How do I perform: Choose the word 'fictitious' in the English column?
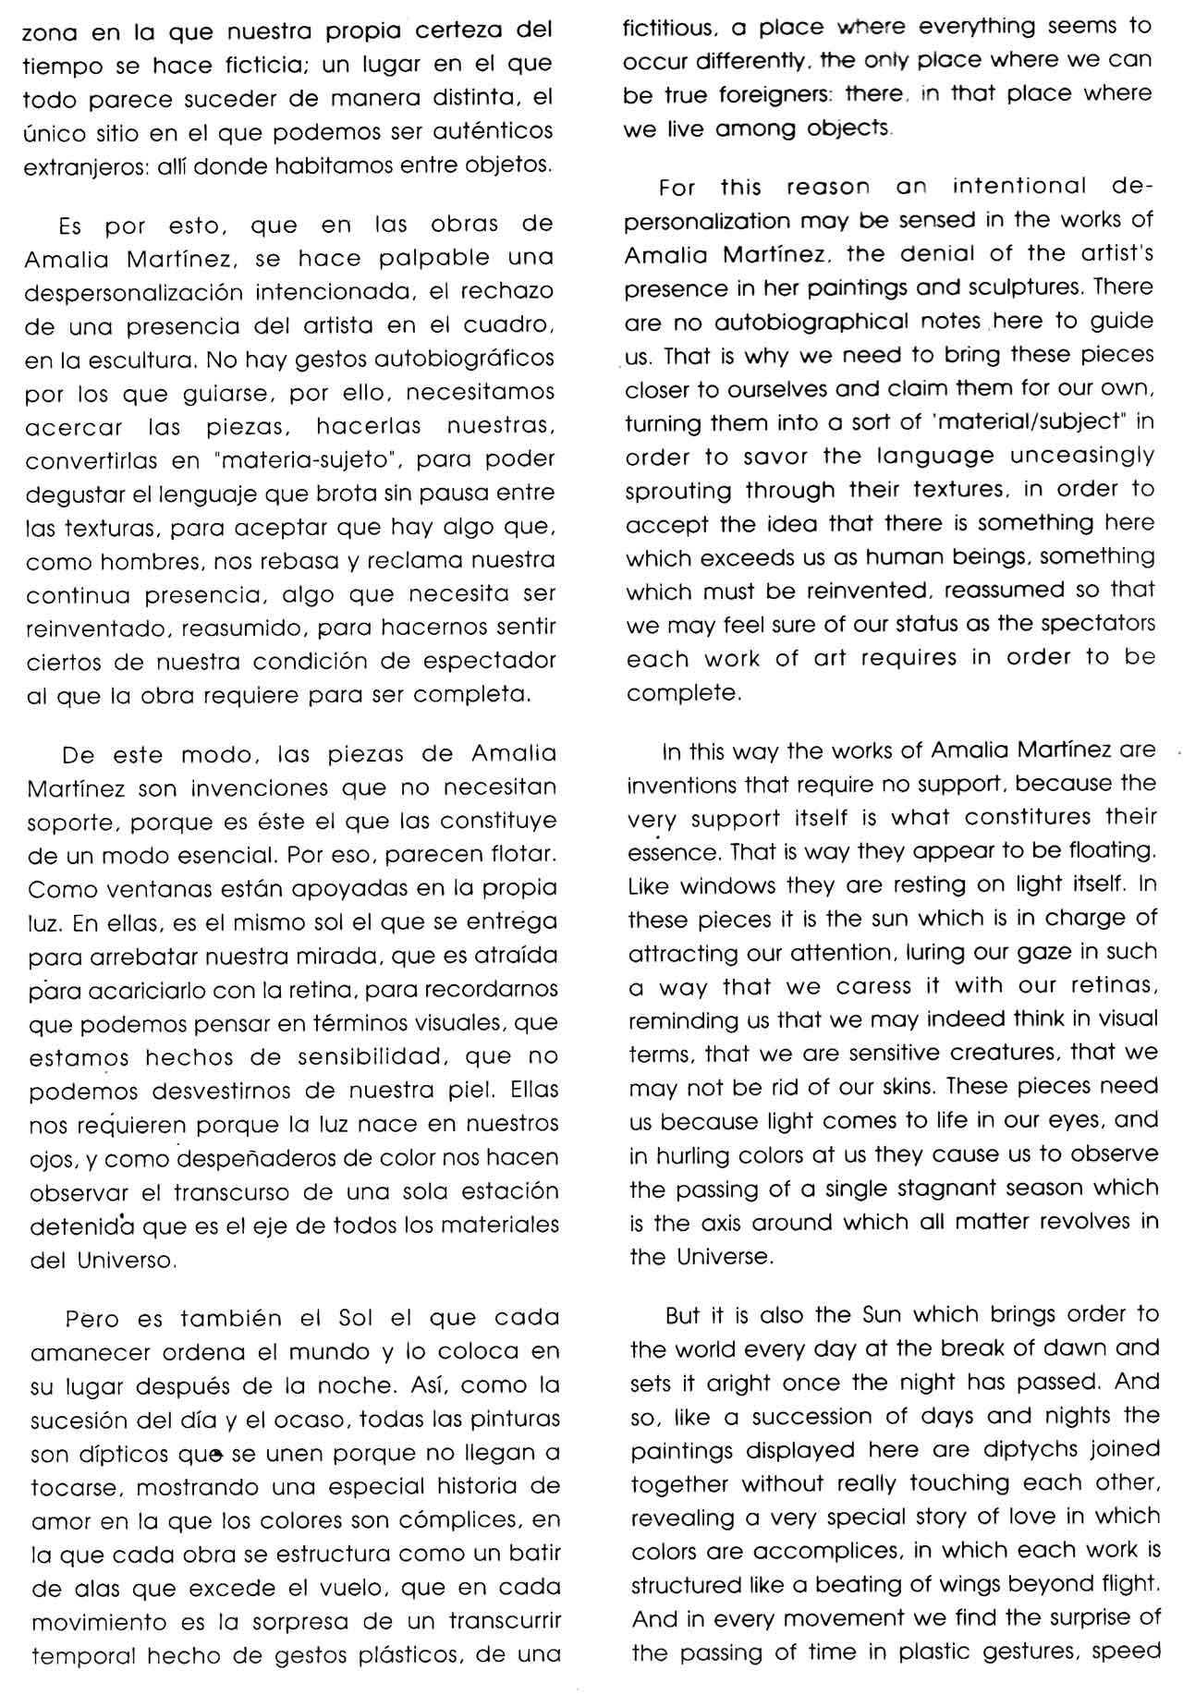pyautogui.click(x=666, y=28)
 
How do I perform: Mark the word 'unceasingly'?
pyautogui.click(x=1081, y=457)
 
